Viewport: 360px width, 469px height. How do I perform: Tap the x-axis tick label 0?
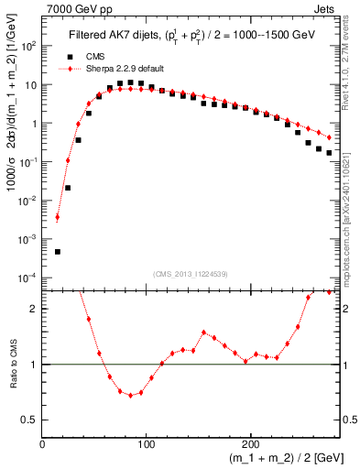(x=42, y=442)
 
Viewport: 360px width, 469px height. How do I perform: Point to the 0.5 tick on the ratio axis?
(x=30, y=420)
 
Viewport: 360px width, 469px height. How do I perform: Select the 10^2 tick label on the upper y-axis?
(x=29, y=46)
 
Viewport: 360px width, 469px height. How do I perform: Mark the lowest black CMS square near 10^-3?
(x=58, y=251)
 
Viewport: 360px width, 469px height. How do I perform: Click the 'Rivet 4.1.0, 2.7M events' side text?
(x=351, y=64)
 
